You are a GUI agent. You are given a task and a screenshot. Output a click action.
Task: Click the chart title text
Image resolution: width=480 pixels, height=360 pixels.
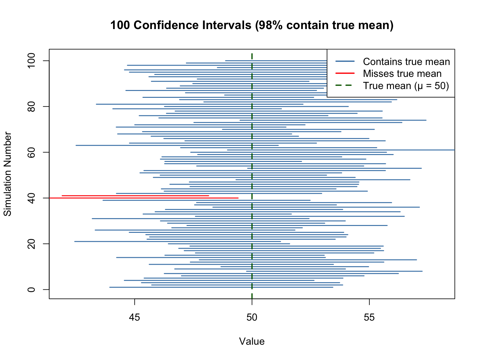tap(252, 25)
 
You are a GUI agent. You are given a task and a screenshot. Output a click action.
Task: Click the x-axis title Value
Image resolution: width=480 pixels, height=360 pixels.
tap(252, 342)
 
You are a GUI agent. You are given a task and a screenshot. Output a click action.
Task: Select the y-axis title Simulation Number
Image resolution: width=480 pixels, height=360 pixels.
tap(8, 174)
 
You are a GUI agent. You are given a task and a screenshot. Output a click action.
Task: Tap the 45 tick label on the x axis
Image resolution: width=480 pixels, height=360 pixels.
tap(135, 317)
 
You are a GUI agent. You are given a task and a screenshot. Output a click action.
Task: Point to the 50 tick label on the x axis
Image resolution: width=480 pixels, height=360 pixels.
tap(252, 317)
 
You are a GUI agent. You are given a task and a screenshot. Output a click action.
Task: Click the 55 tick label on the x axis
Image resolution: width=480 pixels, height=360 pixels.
tap(369, 317)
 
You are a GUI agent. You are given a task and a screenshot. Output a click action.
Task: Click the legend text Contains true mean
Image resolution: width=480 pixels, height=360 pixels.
tap(406, 62)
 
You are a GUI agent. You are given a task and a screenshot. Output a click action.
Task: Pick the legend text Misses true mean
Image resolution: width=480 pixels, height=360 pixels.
tap(402, 74)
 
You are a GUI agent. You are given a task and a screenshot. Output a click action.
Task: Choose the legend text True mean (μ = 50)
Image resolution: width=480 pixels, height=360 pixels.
tap(406, 86)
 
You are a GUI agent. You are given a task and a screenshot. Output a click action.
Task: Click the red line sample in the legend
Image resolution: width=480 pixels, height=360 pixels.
tap(345, 74)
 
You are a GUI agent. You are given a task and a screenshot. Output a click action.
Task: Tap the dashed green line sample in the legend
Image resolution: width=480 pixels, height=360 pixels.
tap(345, 86)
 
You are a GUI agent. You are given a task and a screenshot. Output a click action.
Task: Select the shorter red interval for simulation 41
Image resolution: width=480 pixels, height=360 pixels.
tap(135, 196)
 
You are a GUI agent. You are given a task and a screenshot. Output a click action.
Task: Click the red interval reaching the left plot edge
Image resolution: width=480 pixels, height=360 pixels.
tap(144, 198)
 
